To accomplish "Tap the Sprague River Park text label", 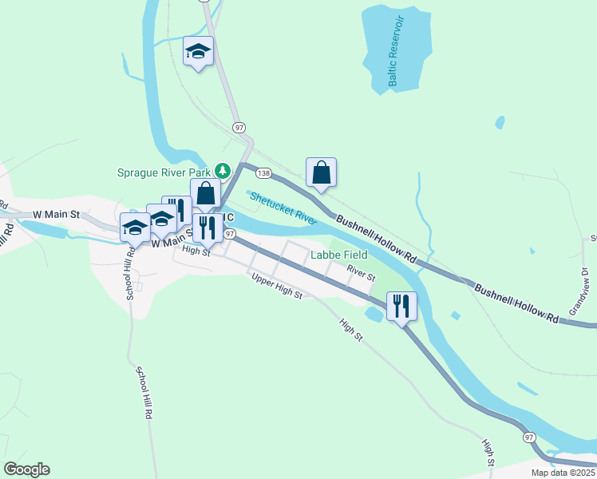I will (x=164, y=172).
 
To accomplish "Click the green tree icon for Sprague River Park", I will (x=225, y=171).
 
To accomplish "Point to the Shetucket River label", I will (x=283, y=206).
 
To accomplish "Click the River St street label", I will (x=361, y=274).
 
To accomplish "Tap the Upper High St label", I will (x=277, y=287).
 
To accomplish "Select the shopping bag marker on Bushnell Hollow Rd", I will (x=321, y=172).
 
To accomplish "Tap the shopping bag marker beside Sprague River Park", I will (x=206, y=193).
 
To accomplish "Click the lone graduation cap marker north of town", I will (x=198, y=52).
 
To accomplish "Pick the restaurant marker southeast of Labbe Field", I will (x=401, y=306).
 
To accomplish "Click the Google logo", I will (x=26, y=469).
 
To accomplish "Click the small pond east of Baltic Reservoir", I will (x=500, y=122).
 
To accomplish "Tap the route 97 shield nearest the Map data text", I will (x=529, y=437).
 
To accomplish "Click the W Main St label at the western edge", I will (x=57, y=215).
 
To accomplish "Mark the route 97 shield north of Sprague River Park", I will (x=239, y=127).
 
